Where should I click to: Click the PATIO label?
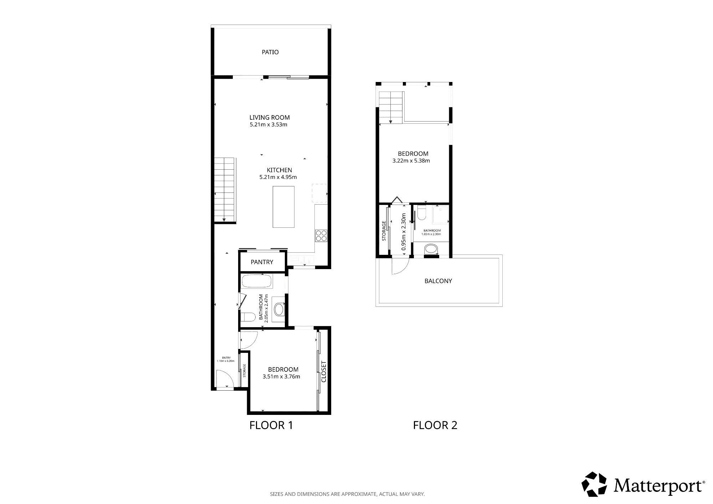270,52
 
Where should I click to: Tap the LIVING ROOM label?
270,117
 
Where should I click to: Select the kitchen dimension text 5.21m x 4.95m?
278,177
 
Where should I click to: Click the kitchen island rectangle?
284,207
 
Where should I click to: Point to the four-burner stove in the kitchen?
321,236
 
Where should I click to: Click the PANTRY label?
262,262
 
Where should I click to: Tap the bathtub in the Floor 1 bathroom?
257,281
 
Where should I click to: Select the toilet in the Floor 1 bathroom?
248,317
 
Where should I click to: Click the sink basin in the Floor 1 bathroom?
279,309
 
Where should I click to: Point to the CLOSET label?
324,372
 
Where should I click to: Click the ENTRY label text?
226,358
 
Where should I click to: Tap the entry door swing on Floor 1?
225,378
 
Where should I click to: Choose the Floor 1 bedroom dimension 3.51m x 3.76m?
281,376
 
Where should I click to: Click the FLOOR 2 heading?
435,425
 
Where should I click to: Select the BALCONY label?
438,281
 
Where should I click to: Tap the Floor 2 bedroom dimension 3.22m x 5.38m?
411,161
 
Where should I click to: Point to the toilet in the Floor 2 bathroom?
422,213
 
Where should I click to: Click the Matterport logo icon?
594,484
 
